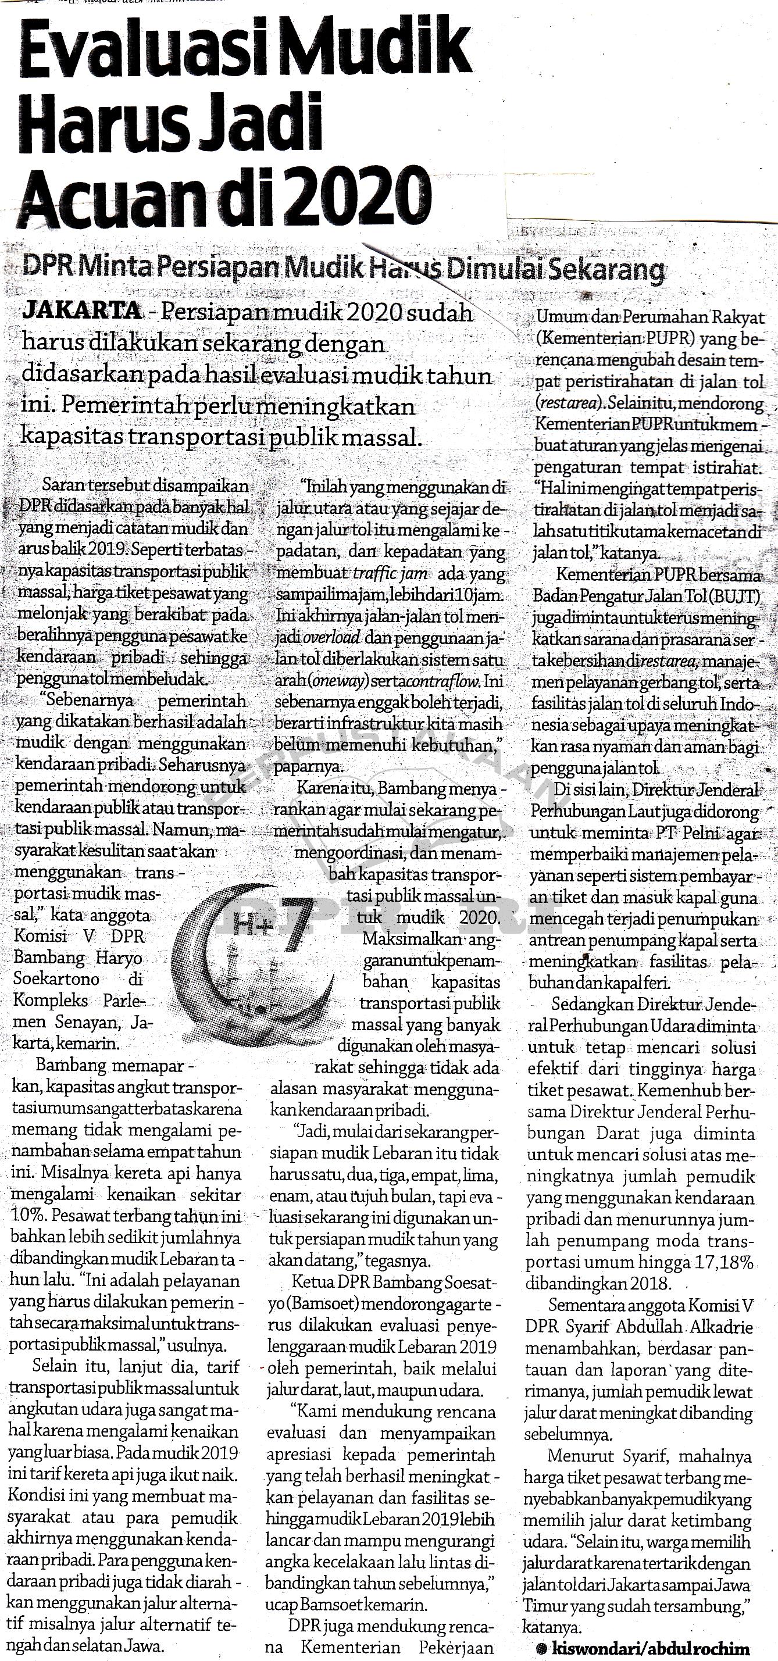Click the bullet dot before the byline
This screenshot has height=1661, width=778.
(x=541, y=1644)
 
